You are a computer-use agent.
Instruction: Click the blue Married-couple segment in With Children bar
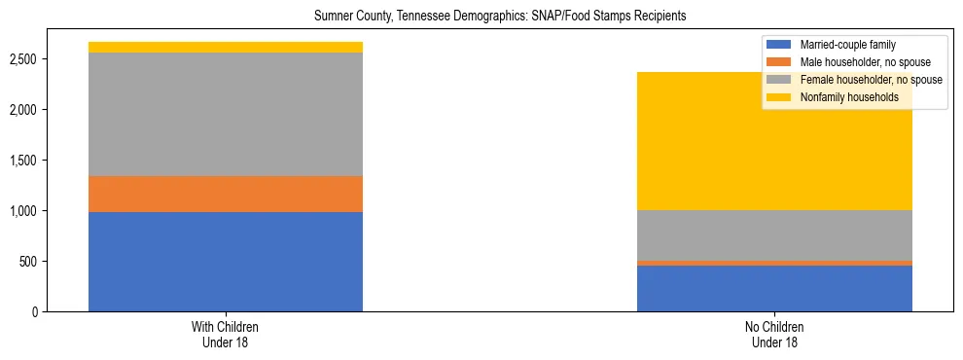click(226, 262)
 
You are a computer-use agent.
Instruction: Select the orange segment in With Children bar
click(226, 194)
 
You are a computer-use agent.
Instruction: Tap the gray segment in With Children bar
click(226, 114)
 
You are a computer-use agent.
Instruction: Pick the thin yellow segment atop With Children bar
click(226, 47)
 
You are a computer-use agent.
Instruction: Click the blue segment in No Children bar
click(774, 288)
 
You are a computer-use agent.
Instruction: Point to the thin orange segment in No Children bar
click(774, 263)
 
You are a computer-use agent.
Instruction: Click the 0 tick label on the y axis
click(36, 312)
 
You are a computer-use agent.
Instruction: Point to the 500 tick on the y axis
click(30, 262)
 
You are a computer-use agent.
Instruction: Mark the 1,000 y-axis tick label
click(25, 211)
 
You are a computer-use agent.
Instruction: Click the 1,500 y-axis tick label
click(25, 161)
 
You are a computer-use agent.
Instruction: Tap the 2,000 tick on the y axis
click(25, 110)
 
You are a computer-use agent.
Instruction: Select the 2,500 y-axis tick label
click(25, 59)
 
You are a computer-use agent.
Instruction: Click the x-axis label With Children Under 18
click(226, 334)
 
